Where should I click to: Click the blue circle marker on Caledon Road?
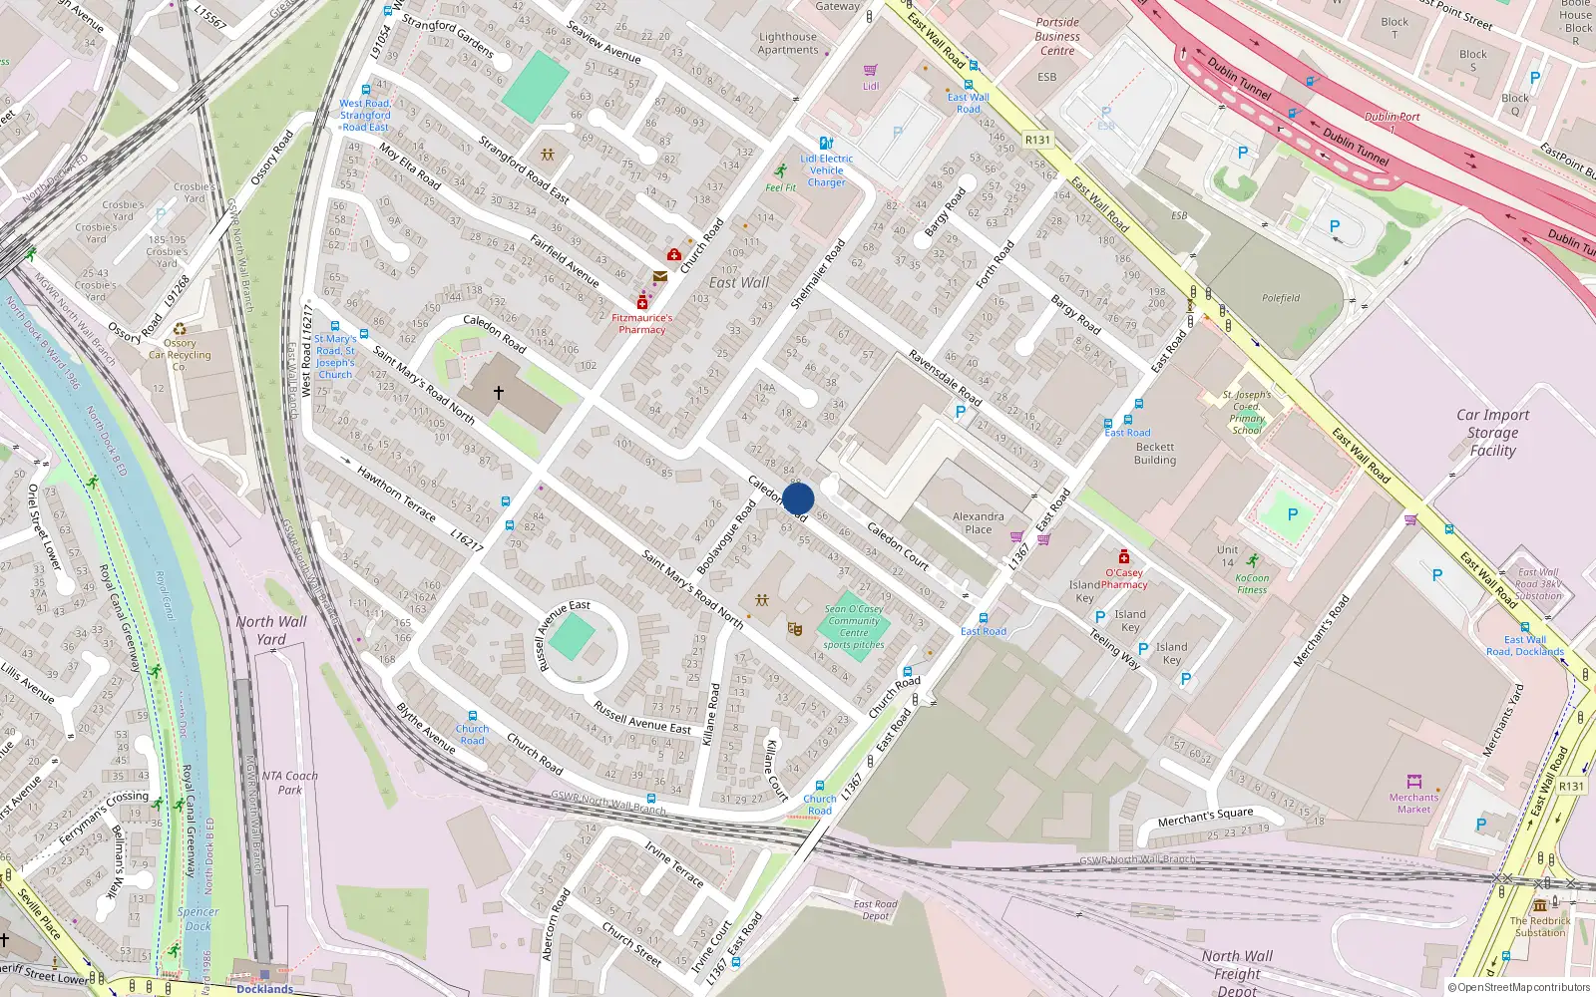[x=798, y=498]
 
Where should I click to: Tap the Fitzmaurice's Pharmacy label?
[x=641, y=323]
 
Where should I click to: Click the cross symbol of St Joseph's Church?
[x=499, y=393]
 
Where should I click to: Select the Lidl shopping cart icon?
[x=870, y=70]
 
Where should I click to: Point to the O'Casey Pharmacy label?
[x=1124, y=578]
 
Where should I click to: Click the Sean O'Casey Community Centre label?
[x=854, y=626]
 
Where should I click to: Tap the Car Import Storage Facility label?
[x=1492, y=433]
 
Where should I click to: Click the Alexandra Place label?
[x=978, y=522]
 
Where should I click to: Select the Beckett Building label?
[x=1155, y=454]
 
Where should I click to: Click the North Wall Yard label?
[x=271, y=630]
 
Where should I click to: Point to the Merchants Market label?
[x=1413, y=803]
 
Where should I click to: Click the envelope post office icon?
[x=659, y=276]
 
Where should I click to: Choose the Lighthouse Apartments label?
[x=787, y=43]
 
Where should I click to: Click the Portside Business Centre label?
[x=1057, y=36]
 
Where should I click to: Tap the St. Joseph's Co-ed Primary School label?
[x=1247, y=413]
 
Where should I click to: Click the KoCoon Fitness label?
[x=1252, y=583]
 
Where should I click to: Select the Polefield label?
[x=1281, y=298]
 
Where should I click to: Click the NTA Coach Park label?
[x=289, y=783]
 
